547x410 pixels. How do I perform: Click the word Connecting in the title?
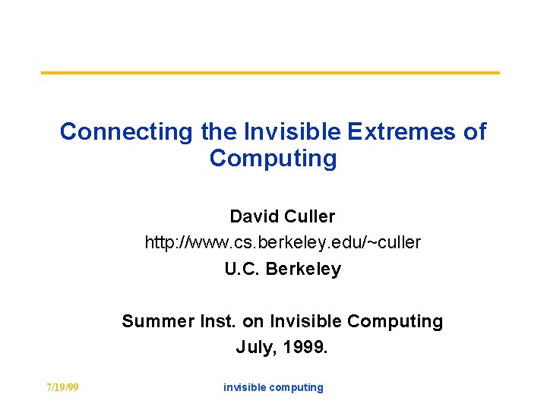point(127,131)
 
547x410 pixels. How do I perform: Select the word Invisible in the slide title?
point(293,131)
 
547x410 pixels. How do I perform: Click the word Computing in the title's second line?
point(273,159)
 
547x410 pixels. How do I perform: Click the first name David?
point(255,216)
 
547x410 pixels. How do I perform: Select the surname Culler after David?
point(309,216)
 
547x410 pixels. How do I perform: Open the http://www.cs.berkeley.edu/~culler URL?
point(283,242)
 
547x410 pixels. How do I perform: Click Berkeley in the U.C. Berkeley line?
point(303,269)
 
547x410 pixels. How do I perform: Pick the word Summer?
point(153,321)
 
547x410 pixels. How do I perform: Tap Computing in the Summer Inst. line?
point(395,321)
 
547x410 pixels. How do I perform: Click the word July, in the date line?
point(256,348)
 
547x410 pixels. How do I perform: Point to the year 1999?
point(305,348)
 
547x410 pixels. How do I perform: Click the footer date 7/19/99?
point(62,387)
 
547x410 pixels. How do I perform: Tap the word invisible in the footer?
point(244,387)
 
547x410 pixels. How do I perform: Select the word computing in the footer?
point(296,387)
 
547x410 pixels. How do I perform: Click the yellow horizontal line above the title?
point(270,73)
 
